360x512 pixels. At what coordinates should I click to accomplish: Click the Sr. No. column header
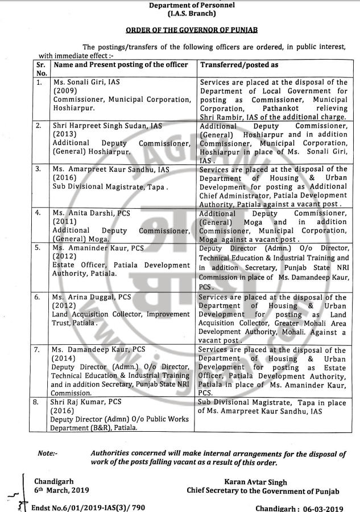(42, 69)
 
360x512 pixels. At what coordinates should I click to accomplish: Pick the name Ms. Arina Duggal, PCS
(91, 297)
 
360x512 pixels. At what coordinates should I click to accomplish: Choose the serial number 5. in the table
(39, 249)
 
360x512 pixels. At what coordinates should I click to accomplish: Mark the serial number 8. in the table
(39, 403)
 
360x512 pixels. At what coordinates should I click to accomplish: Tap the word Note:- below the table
(48, 453)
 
